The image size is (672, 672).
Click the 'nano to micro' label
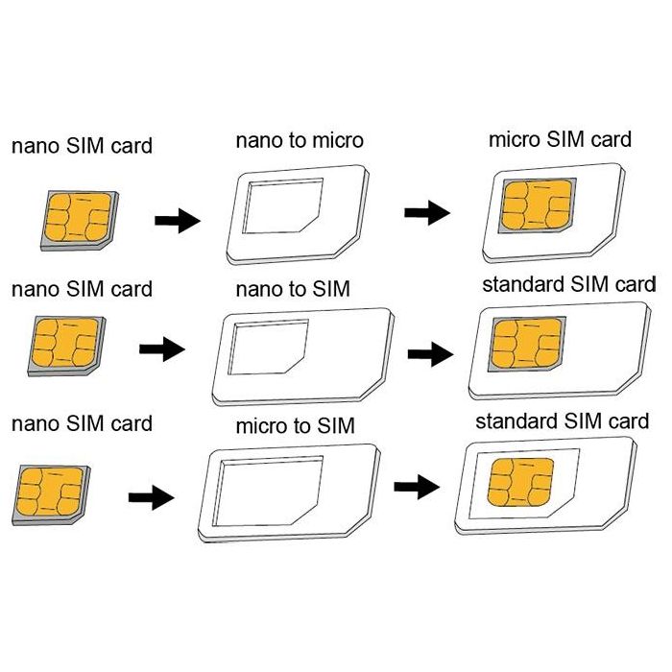(300, 140)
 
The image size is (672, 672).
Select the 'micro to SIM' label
(296, 425)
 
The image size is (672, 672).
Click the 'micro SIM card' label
(561, 138)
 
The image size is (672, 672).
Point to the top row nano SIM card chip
(75, 219)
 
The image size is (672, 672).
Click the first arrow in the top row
(177, 221)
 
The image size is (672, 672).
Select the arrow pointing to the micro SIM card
(425, 212)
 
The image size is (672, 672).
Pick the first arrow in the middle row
(160, 348)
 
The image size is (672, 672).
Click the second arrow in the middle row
(430, 354)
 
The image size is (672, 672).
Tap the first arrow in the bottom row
(151, 497)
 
